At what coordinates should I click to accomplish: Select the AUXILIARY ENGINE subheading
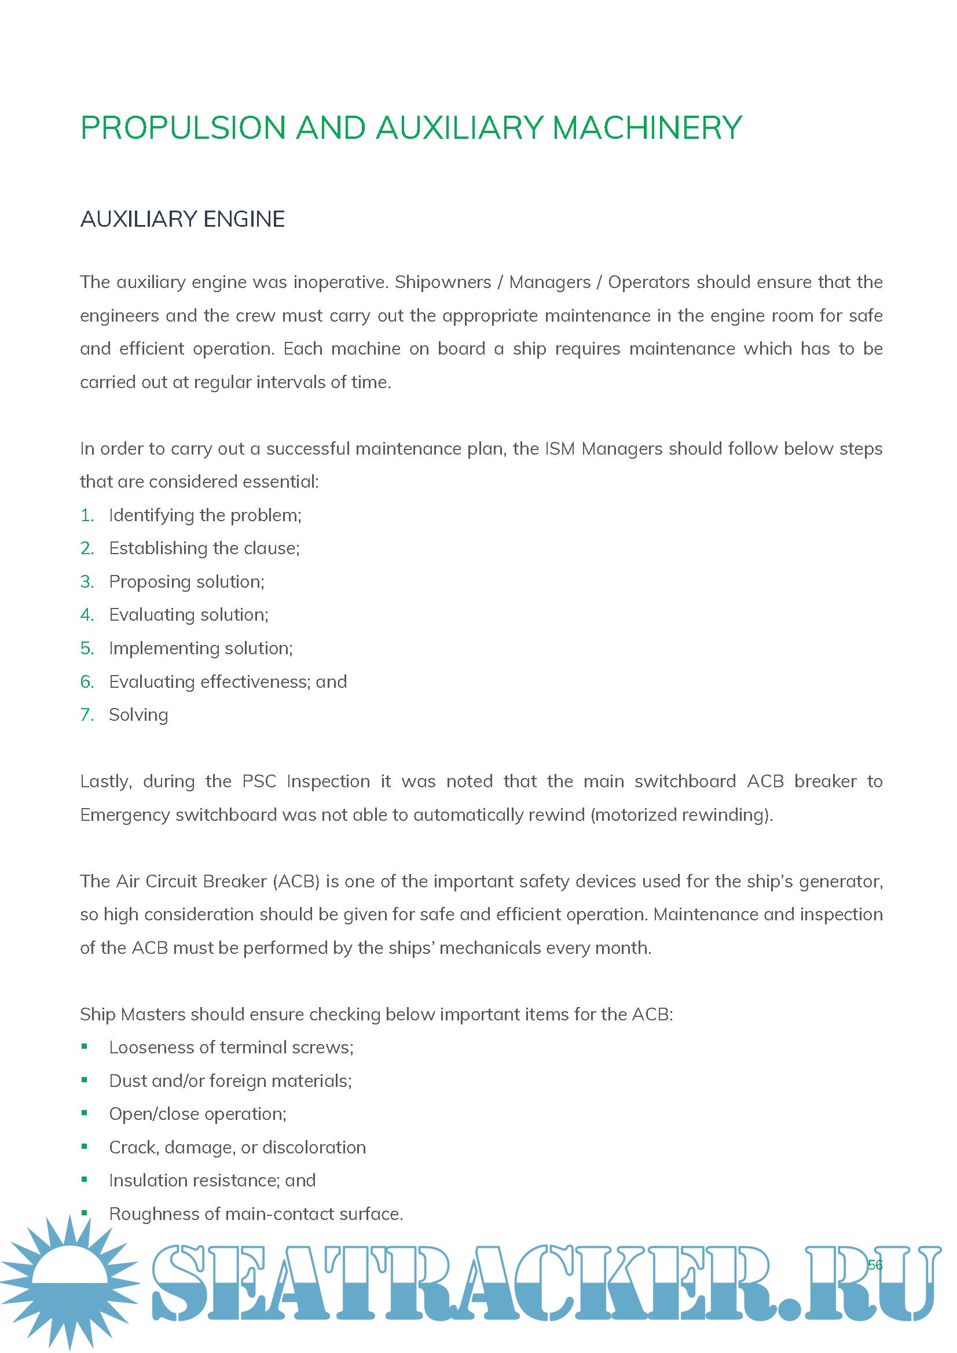[x=182, y=219]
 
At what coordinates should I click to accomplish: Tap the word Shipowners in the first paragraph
[x=443, y=282]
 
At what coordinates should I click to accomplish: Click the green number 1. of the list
[x=87, y=515]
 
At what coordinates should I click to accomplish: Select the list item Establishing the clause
[x=204, y=548]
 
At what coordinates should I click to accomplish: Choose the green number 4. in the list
[x=87, y=615]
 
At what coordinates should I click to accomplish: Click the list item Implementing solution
[x=200, y=648]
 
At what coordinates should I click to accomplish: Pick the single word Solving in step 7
[x=138, y=715]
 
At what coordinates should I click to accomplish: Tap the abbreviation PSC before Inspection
[x=259, y=781]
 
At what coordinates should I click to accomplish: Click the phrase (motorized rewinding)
[x=681, y=814]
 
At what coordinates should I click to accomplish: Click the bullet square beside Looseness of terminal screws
[x=85, y=1046]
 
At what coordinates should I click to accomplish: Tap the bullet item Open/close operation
[x=197, y=1114]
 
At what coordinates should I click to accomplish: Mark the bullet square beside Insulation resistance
[x=85, y=1179]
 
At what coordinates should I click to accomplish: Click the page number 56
[x=875, y=1264]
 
